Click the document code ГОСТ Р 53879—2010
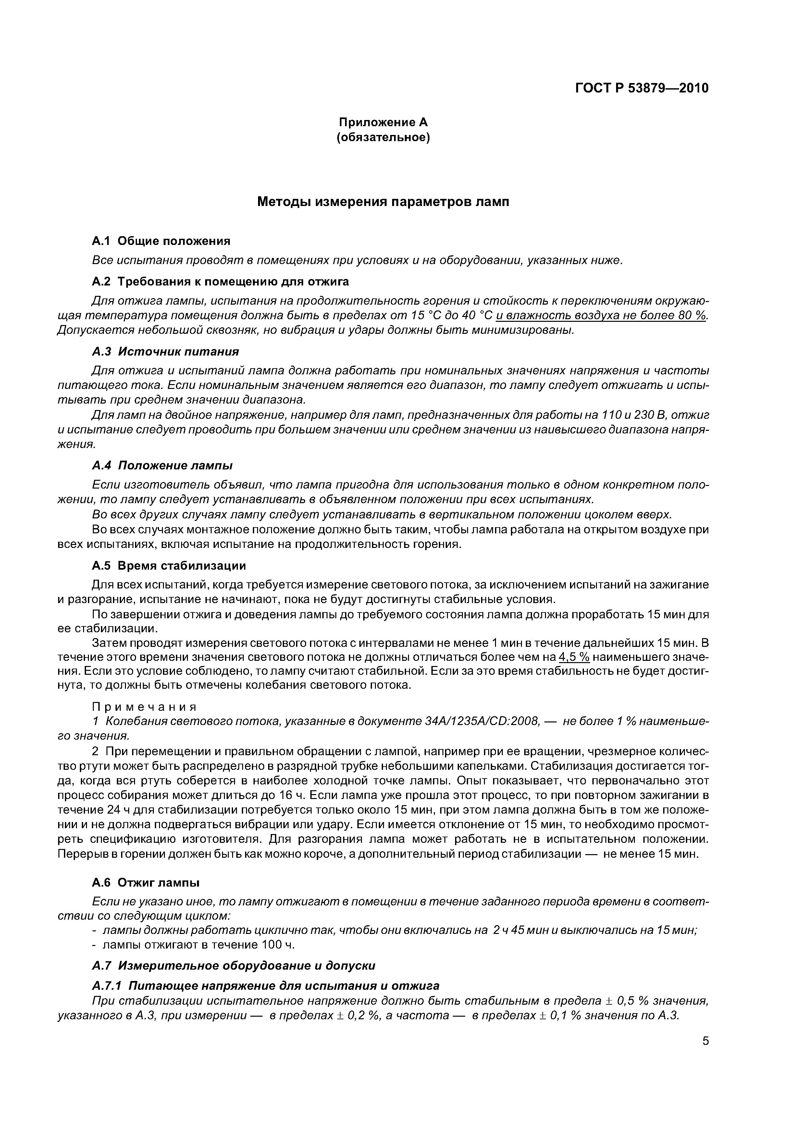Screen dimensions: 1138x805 click(641, 88)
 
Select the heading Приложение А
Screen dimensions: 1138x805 click(383, 122)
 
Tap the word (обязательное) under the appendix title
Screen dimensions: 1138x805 click(383, 137)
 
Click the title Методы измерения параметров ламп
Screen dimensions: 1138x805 click(383, 202)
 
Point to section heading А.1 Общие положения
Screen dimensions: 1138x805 click(161, 241)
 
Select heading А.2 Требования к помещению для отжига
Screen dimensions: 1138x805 click(220, 282)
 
